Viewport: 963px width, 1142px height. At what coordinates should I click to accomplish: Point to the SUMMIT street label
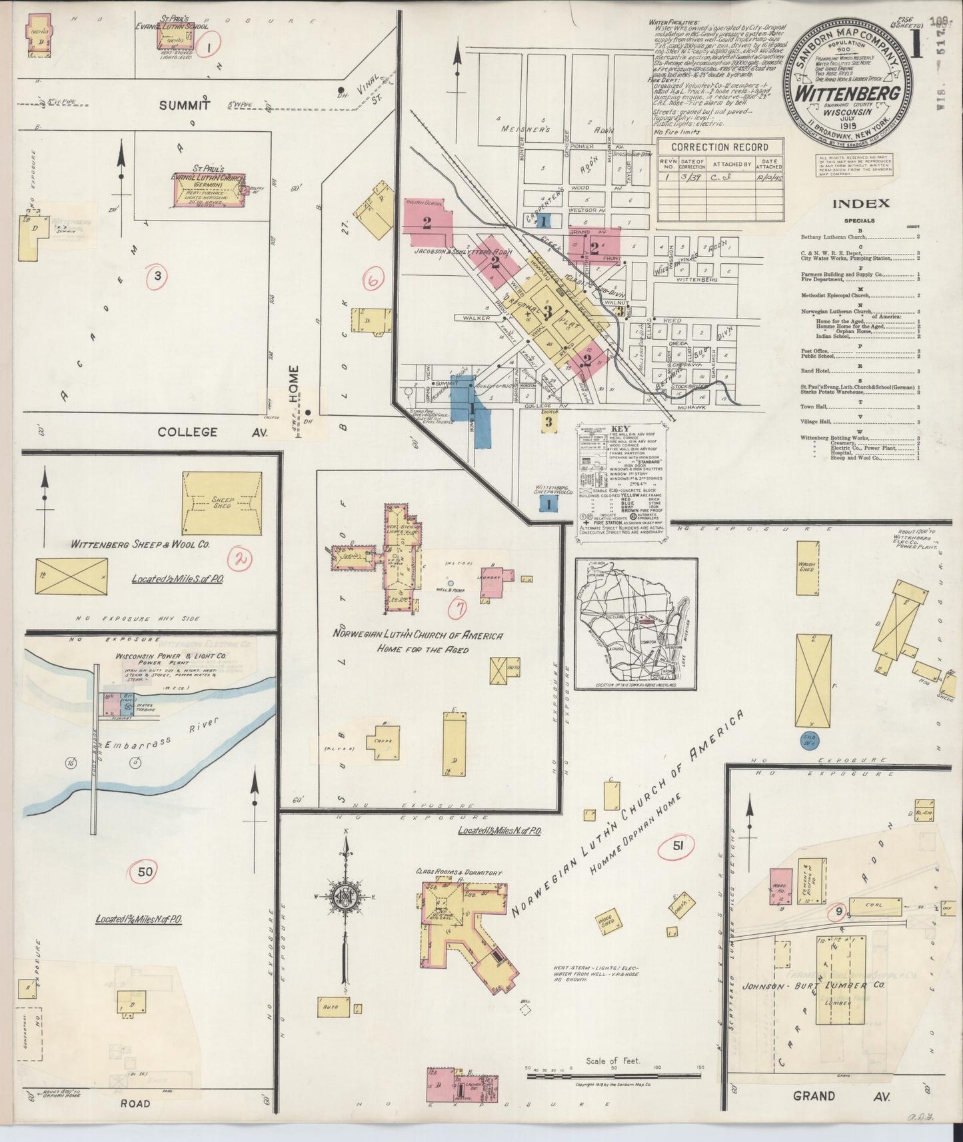pos(185,105)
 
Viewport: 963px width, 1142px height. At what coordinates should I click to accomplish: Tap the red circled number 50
pos(146,871)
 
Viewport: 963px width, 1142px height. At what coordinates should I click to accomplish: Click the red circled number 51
pos(678,846)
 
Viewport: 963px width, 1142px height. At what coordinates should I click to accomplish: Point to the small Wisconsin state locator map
pos(636,624)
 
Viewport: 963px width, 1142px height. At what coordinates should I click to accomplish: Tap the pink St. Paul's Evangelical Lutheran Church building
pos(208,193)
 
